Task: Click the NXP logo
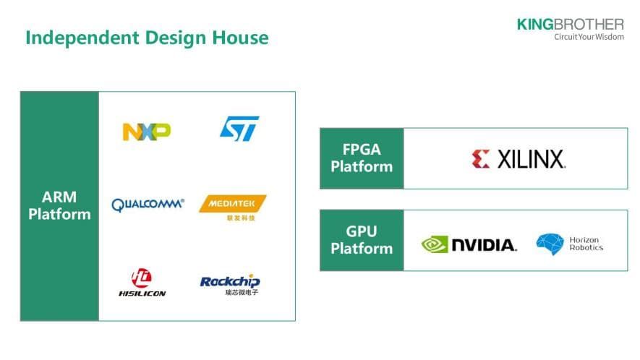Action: point(147,131)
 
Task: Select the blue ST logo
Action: point(239,129)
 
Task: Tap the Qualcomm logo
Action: point(148,205)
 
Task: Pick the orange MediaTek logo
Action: point(232,204)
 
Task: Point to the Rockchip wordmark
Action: point(230,281)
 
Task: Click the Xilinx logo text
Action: point(531,160)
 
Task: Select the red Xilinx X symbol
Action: point(481,159)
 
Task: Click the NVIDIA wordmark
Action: point(484,245)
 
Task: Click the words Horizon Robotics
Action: point(586,244)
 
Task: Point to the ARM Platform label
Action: point(59,206)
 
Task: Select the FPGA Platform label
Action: point(362,158)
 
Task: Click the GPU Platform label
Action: point(362,241)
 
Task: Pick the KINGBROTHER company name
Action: point(570,24)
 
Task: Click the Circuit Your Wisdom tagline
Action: point(588,37)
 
